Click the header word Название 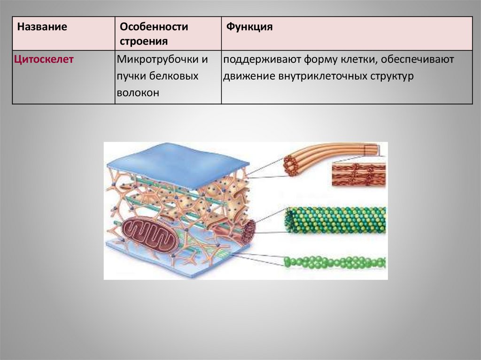(x=42, y=27)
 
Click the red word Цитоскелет (x=44, y=60)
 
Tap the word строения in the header (x=144, y=42)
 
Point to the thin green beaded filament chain (x=334, y=262)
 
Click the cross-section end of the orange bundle (x=291, y=166)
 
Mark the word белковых (x=174, y=76)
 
